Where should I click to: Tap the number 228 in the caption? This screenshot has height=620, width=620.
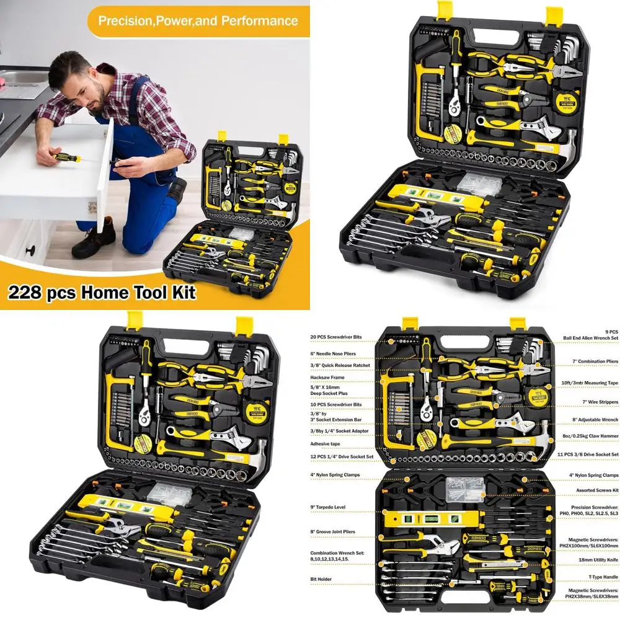point(27,292)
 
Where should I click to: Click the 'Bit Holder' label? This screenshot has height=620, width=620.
point(322,579)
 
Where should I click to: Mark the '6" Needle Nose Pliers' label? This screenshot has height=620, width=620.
point(339,353)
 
